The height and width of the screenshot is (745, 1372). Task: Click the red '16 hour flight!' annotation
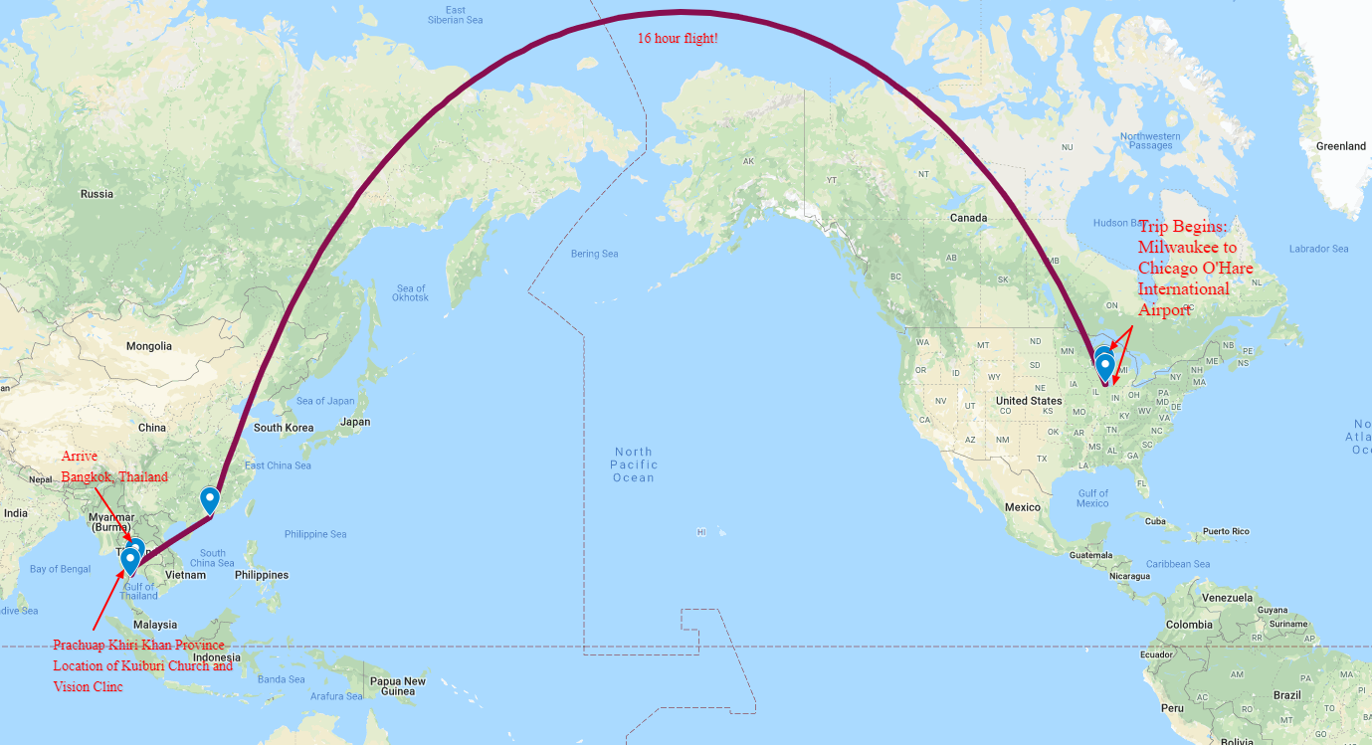click(678, 39)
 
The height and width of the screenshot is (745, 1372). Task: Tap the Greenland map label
click(1340, 146)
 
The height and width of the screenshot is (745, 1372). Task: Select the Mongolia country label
click(148, 346)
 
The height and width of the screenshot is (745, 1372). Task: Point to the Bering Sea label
click(594, 254)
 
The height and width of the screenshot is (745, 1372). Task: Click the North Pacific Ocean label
click(634, 465)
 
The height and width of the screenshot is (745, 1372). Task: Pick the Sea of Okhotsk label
click(410, 293)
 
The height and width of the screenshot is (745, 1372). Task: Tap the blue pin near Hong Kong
click(210, 498)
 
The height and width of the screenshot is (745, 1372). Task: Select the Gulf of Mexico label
click(1092, 498)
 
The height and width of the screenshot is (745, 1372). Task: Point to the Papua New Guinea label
click(398, 686)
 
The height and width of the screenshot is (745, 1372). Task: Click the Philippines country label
click(262, 575)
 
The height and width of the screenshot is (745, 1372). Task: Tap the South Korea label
click(283, 428)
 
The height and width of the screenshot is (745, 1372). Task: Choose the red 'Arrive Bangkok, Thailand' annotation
click(113, 466)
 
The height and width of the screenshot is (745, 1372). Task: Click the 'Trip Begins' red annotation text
click(1195, 268)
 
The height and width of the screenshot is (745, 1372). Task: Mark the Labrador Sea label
click(1318, 249)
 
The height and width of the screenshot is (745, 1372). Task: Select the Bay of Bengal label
click(60, 569)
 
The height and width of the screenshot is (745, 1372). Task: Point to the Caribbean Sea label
click(1178, 564)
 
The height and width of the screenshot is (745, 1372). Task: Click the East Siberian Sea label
click(455, 15)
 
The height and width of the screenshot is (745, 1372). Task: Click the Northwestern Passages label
click(1150, 140)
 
